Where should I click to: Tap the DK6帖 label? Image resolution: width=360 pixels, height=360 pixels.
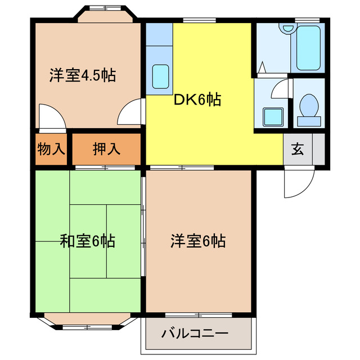(x=197, y=100)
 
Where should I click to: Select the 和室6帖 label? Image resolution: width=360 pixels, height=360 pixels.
(x=88, y=242)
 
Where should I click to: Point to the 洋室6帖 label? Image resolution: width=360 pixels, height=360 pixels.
(x=199, y=241)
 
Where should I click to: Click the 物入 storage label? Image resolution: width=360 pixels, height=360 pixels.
(x=51, y=149)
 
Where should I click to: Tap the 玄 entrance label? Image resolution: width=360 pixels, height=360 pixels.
(x=298, y=150)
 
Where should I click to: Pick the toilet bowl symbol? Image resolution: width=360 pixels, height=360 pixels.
(x=308, y=107)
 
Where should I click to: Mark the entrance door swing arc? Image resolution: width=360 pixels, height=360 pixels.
(x=298, y=183)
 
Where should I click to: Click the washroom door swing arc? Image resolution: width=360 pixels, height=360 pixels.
(x=280, y=89)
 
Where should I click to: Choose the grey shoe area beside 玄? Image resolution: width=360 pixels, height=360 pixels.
(x=318, y=150)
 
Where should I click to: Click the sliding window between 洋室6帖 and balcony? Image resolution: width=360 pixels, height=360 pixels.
(x=198, y=313)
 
